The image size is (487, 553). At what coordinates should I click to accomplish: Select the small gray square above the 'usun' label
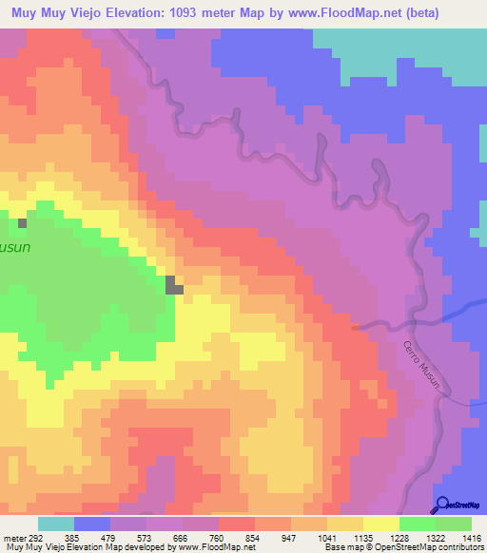pyautogui.click(x=22, y=223)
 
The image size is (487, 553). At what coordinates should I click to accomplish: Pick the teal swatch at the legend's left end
pyautogui.click(x=56, y=524)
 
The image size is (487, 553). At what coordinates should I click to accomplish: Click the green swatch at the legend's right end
pyautogui.click(x=453, y=524)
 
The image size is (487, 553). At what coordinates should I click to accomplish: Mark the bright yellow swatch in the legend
pyautogui.click(x=380, y=524)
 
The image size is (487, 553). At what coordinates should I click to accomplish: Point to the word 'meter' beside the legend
pyautogui.click(x=13, y=537)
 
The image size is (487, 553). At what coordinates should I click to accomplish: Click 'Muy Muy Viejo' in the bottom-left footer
pyautogui.click(x=32, y=547)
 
